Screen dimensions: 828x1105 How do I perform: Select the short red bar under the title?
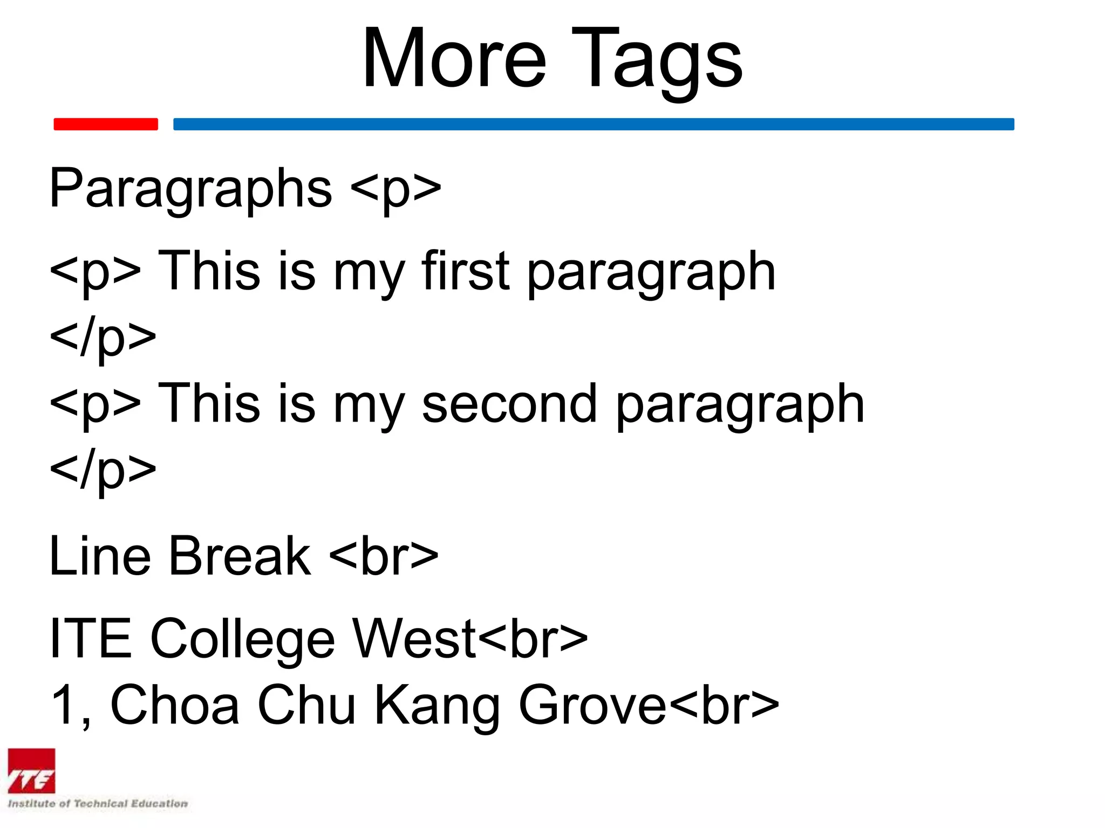click(106, 124)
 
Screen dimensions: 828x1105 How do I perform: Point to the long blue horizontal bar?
click(594, 124)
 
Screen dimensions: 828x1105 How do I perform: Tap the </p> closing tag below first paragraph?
click(103, 339)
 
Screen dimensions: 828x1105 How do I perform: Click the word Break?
click(240, 556)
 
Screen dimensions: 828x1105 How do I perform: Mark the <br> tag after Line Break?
click(383, 556)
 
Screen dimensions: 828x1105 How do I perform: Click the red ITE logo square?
click(31, 771)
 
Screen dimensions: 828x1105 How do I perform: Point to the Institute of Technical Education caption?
click(98, 804)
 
